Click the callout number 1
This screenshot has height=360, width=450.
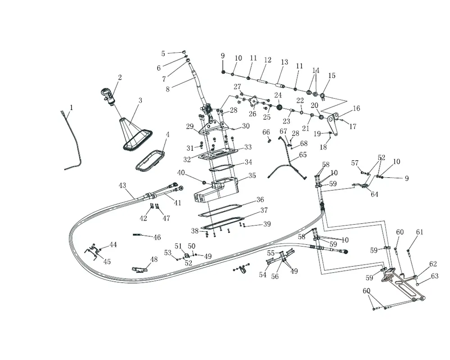click(x=71, y=108)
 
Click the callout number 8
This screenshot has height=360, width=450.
click(x=168, y=89)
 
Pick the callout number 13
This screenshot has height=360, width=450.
click(x=284, y=63)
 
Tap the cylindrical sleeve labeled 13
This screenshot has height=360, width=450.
click(x=281, y=85)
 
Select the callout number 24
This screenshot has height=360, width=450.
click(x=278, y=95)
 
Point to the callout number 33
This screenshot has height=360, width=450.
click(x=248, y=147)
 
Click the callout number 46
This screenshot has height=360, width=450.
click(x=157, y=237)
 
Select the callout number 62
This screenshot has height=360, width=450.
click(x=433, y=264)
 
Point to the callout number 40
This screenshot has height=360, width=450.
click(x=181, y=173)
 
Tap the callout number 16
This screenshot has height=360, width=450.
click(x=356, y=109)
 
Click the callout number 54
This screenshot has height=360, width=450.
click(x=262, y=275)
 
